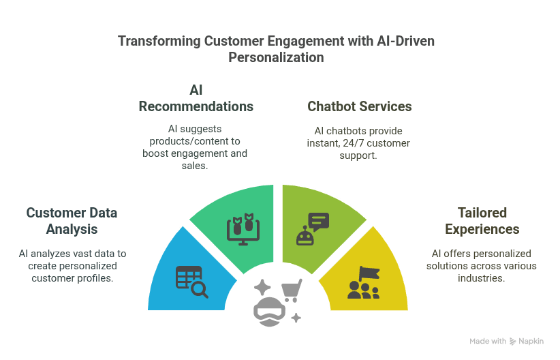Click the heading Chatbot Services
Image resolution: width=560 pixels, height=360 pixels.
point(359,106)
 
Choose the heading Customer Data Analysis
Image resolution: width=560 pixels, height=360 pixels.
point(72,221)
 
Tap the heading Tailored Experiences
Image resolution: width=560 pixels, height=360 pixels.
point(482,221)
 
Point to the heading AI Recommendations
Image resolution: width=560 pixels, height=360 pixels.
point(196,98)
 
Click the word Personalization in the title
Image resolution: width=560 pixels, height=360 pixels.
point(276,57)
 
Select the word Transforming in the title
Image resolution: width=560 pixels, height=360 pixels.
point(159,42)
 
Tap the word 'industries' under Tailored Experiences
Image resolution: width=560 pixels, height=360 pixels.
point(482,277)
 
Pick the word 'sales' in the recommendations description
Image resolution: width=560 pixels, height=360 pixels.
point(196,166)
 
